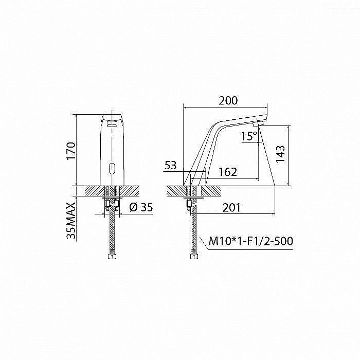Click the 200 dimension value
[227, 101]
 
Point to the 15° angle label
[249, 136]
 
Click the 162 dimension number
[227, 172]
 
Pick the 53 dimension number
[170, 166]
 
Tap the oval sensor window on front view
[112, 167]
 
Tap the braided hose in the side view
[193, 231]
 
